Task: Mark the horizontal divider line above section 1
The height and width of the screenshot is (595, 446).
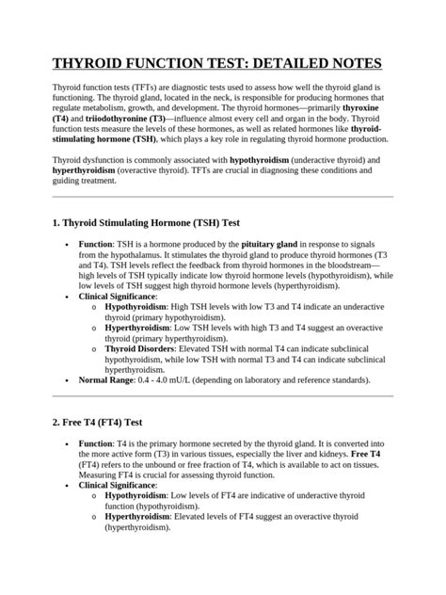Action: tap(222, 196)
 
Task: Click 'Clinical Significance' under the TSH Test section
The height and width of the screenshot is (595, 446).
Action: tap(118, 296)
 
